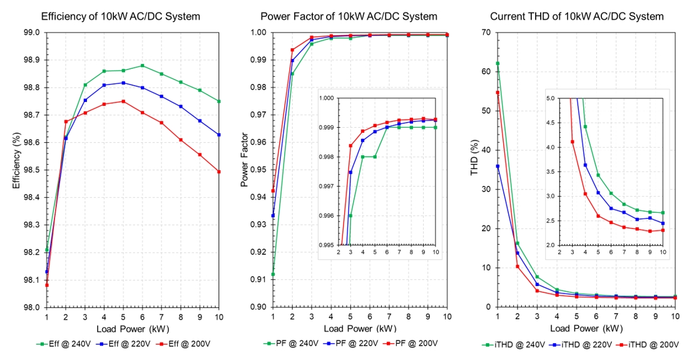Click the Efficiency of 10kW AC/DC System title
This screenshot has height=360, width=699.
pos(120,16)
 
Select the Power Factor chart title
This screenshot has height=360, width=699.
pos(349,16)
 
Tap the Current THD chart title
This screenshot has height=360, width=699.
pos(576,16)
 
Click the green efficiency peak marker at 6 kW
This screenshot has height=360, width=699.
pos(143,66)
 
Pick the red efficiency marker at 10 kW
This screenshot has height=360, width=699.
pos(219,172)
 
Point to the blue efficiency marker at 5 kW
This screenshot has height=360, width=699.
pos(123,83)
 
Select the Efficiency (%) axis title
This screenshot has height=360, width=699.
pos(17,169)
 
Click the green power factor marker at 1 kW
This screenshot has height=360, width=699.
pos(273,274)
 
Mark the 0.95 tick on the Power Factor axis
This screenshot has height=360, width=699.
pos(258,170)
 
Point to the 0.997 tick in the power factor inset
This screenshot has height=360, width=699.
pos(327,187)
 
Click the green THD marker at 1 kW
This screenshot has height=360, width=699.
pos(497,63)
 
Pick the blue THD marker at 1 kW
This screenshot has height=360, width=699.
pos(497,166)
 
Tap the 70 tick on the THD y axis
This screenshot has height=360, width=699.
pos(486,33)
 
